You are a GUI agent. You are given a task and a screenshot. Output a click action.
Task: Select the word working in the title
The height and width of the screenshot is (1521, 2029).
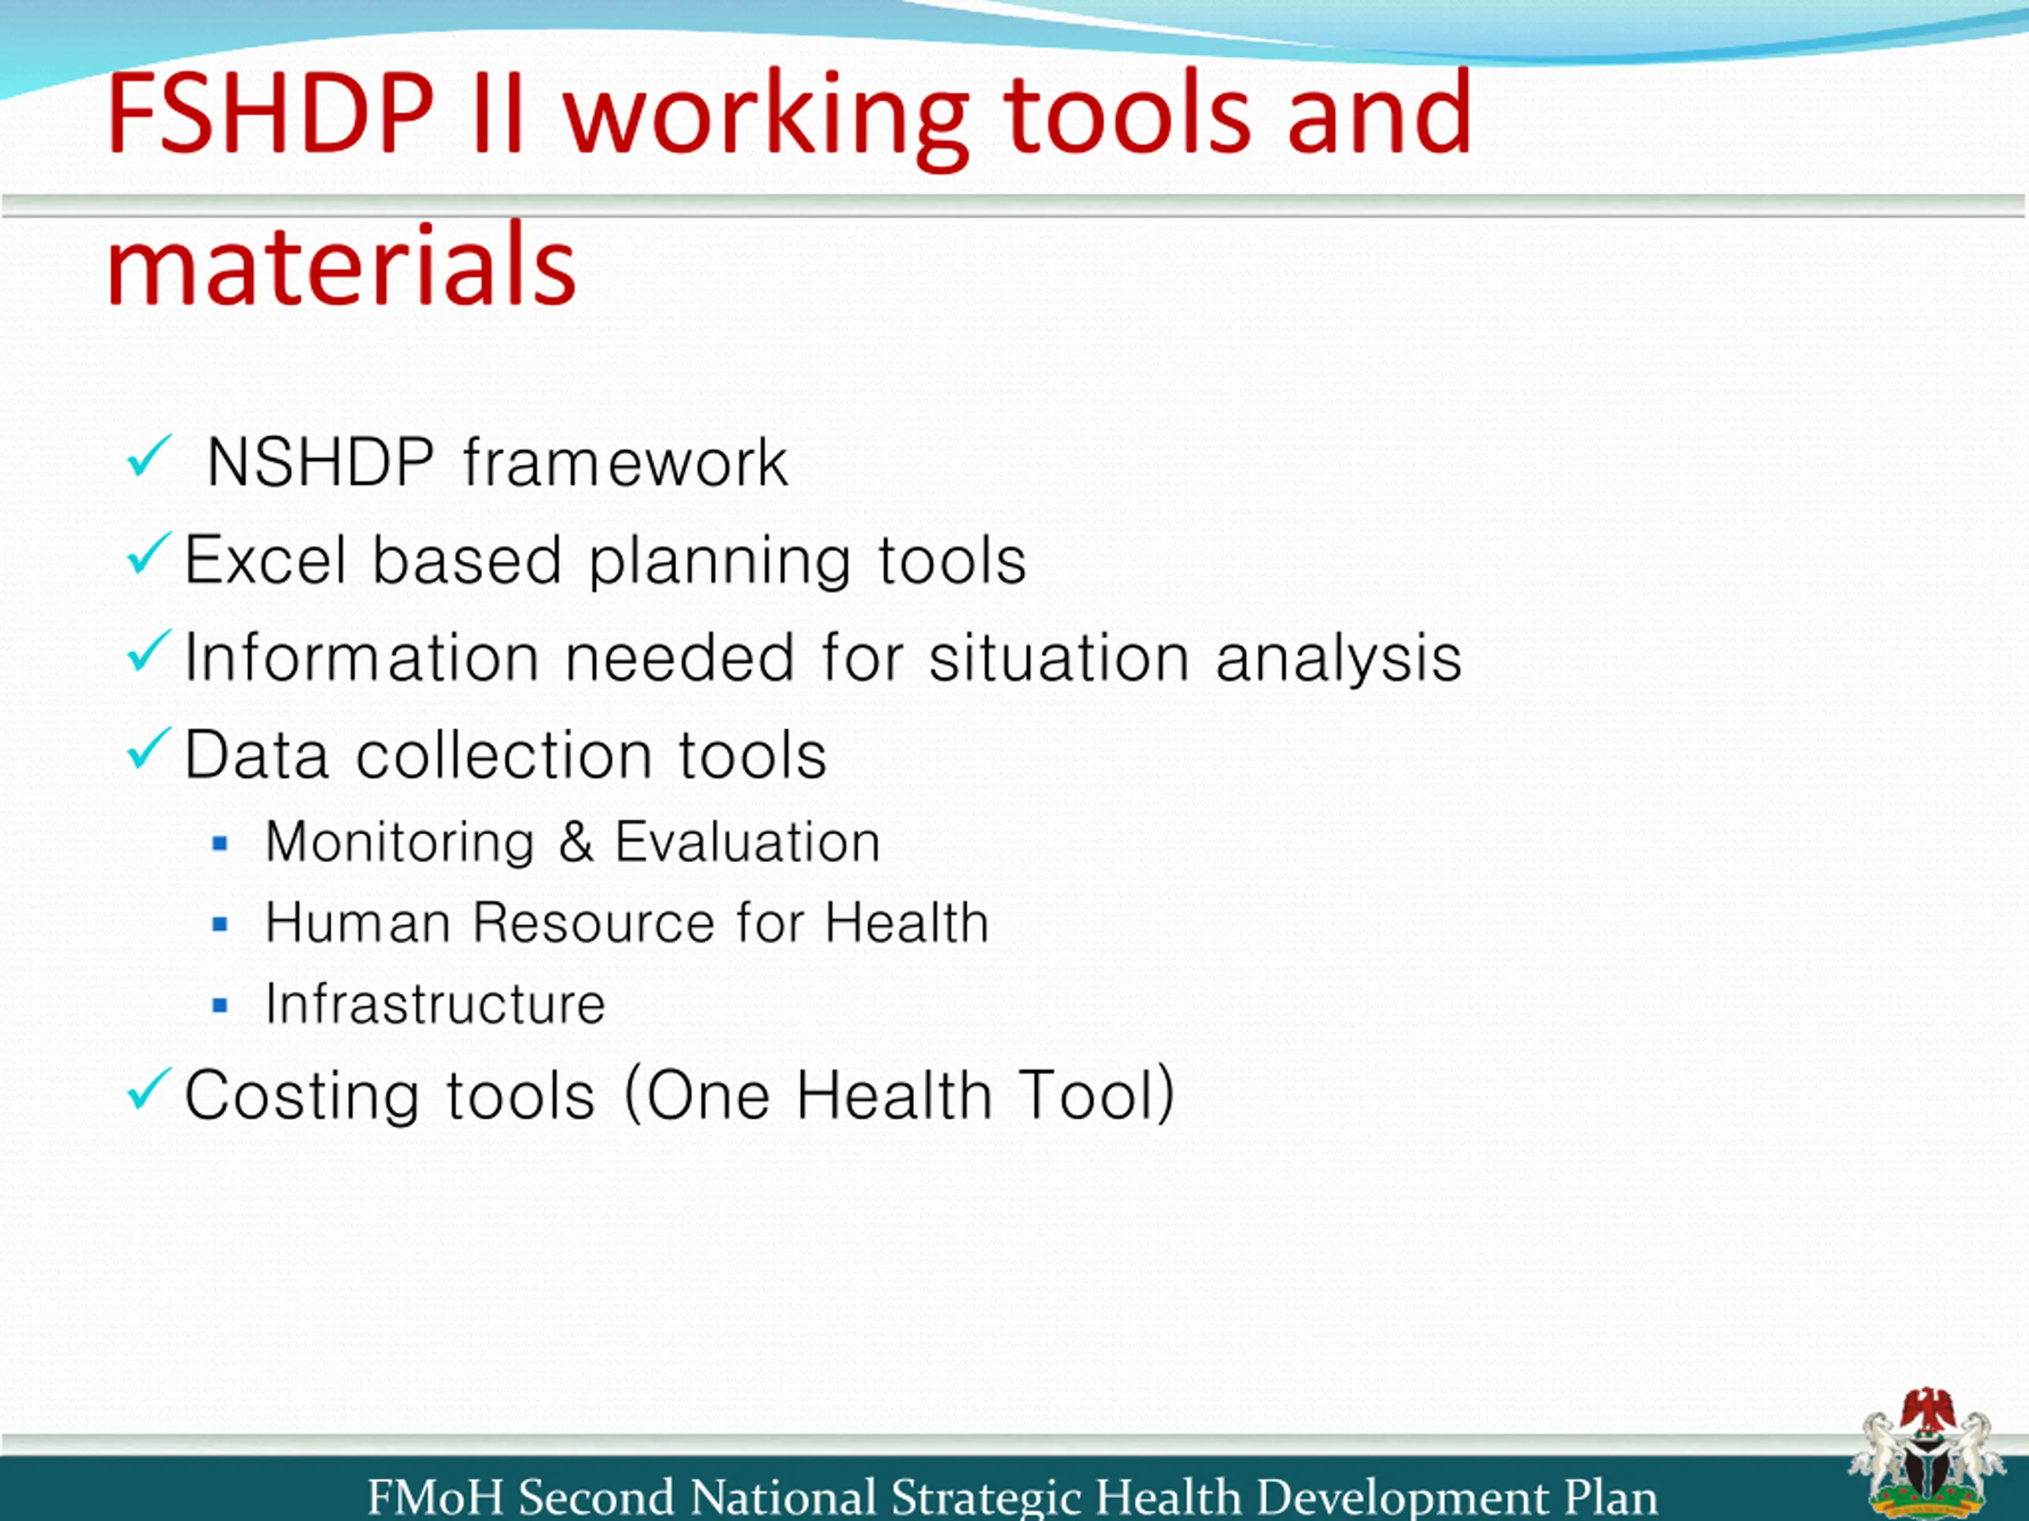766,119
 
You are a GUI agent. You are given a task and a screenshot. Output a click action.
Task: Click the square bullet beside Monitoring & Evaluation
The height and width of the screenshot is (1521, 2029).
220,844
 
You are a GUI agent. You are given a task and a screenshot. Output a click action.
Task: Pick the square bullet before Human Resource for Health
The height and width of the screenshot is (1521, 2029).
220,924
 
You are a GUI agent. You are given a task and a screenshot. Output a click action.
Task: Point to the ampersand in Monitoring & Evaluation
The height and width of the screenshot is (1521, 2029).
576,841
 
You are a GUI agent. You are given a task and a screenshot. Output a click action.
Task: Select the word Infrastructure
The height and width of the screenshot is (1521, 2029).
435,1003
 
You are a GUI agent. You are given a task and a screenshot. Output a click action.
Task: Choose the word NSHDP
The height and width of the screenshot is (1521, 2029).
320,462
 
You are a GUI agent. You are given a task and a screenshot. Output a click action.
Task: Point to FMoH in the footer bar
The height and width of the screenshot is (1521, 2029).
436,1497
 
